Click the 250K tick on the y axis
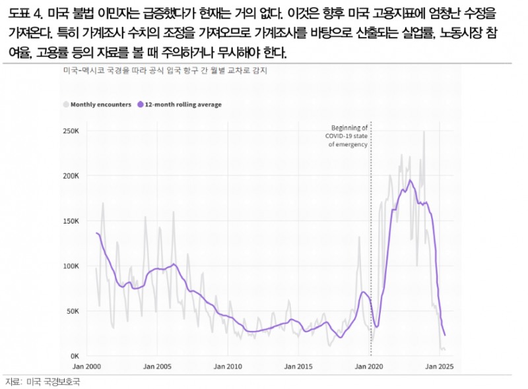(x=72, y=131)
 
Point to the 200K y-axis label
(x=72, y=176)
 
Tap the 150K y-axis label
(x=72, y=221)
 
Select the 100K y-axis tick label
(x=72, y=266)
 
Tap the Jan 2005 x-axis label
(x=158, y=367)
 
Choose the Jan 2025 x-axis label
(x=439, y=367)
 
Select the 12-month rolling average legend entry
(x=178, y=105)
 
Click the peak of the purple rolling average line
(x=410, y=180)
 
